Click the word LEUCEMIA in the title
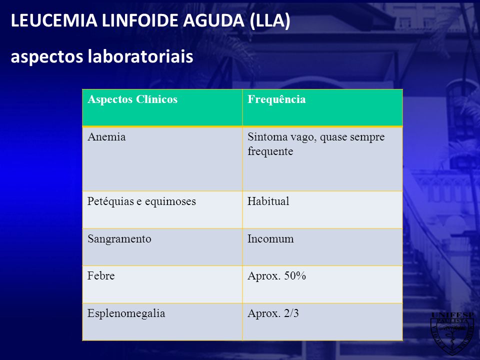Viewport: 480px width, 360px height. point(54,20)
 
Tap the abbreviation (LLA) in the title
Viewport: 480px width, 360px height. point(270,21)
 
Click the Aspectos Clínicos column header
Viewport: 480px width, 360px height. point(132,99)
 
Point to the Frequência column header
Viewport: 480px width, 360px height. point(276,99)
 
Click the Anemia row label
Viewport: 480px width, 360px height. point(106,137)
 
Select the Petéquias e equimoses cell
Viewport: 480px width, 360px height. point(141,201)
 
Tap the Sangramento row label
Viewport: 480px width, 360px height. point(119,239)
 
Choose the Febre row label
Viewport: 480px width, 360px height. point(101,276)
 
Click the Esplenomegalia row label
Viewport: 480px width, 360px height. point(126,313)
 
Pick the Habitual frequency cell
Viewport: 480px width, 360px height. point(268,201)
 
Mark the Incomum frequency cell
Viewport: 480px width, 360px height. point(270,239)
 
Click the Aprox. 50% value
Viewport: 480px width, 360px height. point(276,276)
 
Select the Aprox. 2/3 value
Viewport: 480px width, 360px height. point(273,313)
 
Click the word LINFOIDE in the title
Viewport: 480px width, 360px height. point(140,20)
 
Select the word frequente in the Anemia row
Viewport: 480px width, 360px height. point(270,151)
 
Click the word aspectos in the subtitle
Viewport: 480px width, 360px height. point(47,57)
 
